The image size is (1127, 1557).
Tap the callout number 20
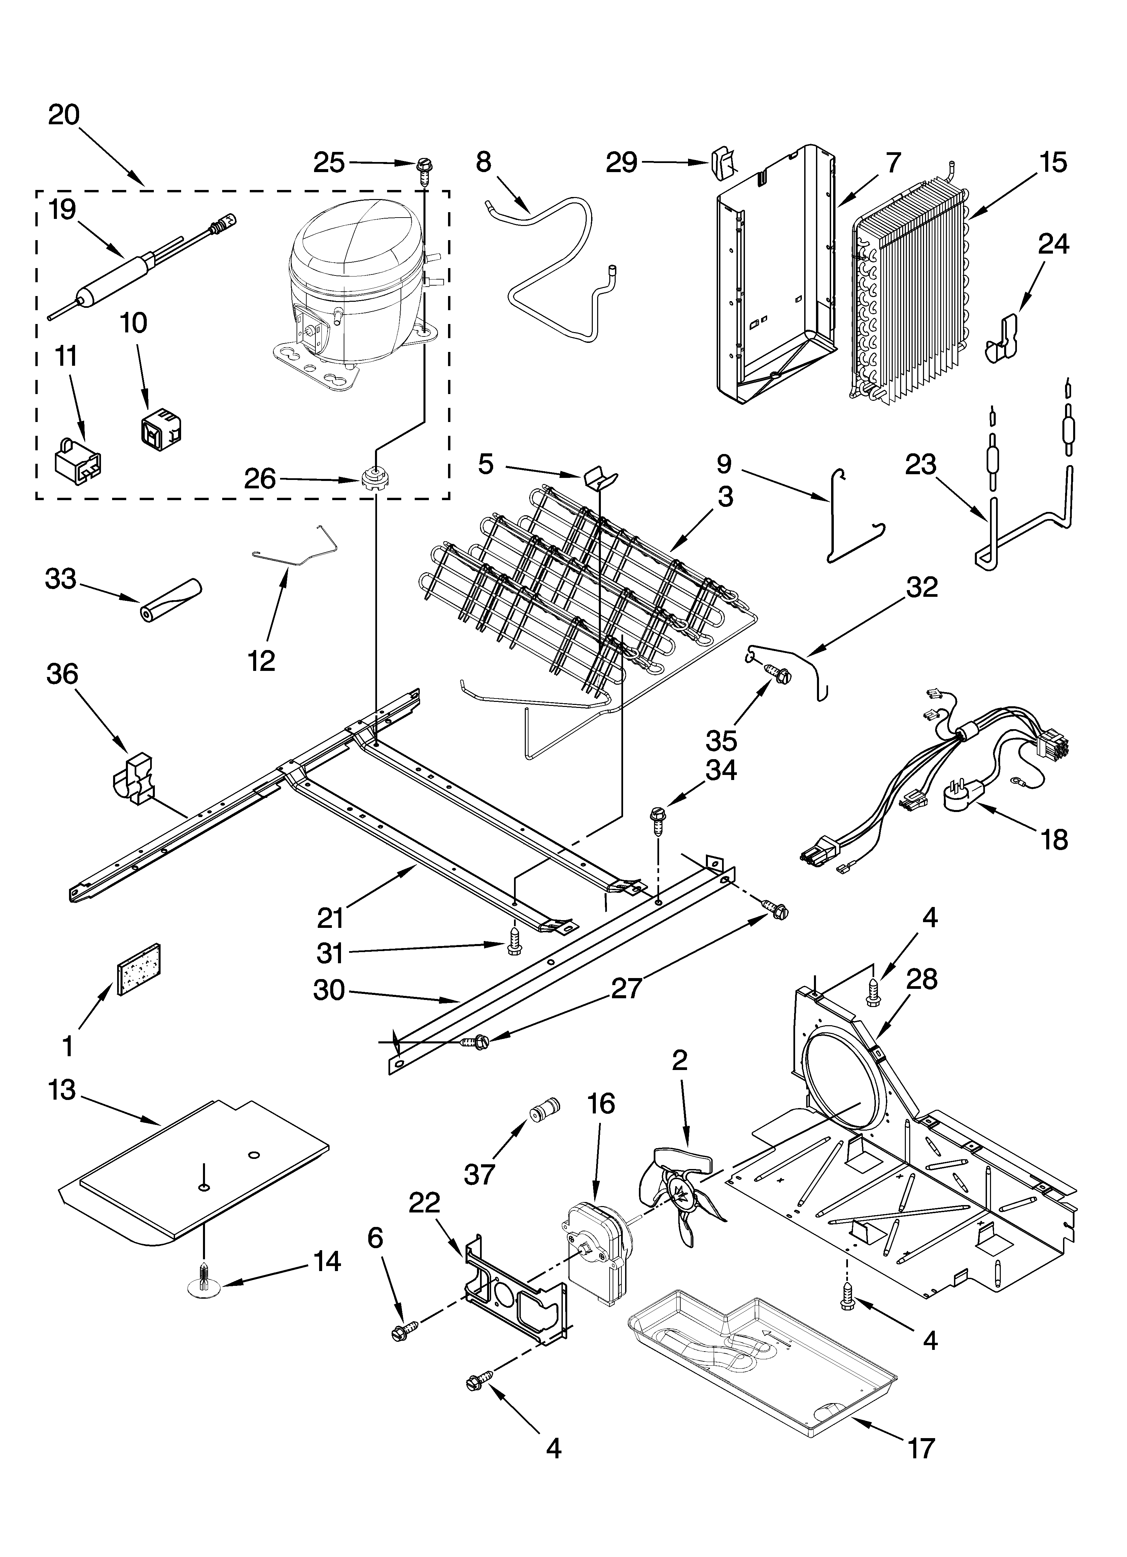pyautogui.click(x=64, y=115)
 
